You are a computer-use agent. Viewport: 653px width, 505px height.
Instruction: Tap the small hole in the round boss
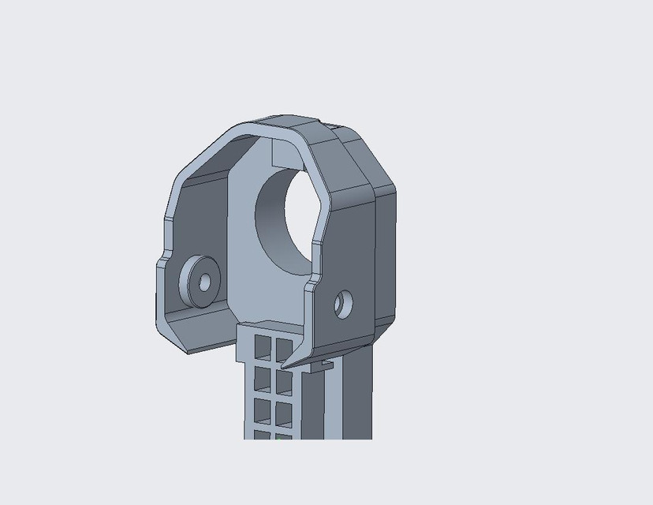pyautogui.click(x=204, y=281)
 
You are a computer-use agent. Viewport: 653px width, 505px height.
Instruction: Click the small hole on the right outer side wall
pyautogui.click(x=343, y=304)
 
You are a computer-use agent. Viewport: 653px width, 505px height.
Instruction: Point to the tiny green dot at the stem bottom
pyautogui.click(x=279, y=435)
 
